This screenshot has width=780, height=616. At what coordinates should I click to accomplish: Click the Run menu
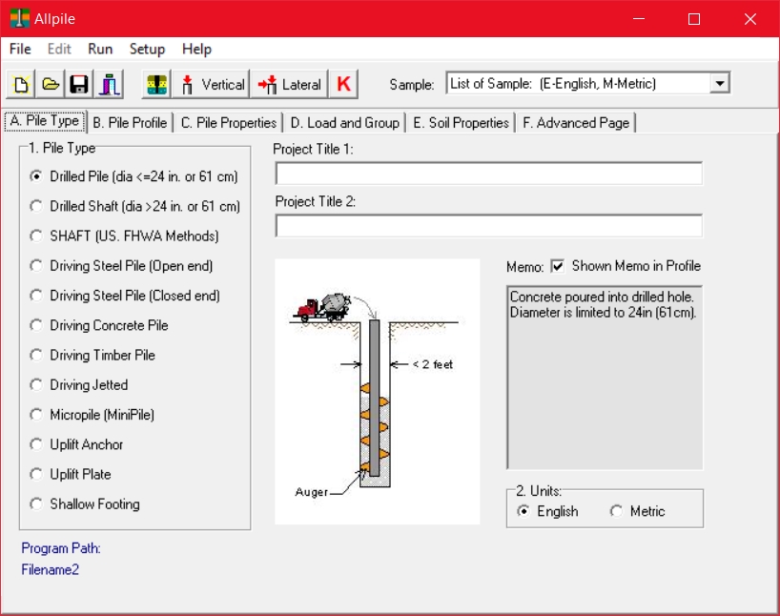pos(100,49)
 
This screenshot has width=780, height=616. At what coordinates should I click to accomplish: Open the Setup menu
pos(147,49)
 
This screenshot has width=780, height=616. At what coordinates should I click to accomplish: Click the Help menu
pos(196,49)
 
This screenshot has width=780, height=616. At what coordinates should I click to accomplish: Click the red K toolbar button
pos(343,84)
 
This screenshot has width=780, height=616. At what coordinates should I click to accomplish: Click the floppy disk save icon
pos(80,84)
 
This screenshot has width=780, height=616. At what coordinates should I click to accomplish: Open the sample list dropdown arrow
pos(720,83)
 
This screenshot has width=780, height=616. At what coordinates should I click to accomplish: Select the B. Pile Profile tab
pos(130,123)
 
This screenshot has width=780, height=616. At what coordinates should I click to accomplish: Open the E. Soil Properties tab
pos(461,123)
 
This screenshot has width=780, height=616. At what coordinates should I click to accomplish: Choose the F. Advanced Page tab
pos(576,123)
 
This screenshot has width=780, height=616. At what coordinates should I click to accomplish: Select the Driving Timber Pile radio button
pos(36,355)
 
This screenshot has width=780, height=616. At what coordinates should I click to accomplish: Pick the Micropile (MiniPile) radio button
pos(36,415)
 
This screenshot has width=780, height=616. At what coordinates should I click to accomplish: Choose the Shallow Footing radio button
pos(36,503)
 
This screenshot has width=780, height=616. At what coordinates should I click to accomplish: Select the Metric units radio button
pos(616,511)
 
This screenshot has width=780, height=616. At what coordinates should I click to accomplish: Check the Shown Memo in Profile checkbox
pos(558,266)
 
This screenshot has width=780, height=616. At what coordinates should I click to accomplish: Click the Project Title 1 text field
pos(488,174)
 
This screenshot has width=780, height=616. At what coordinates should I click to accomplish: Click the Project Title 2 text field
pos(488,226)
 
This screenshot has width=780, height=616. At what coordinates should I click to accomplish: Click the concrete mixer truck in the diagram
pos(324,306)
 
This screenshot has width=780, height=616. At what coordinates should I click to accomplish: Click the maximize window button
pos(694,19)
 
